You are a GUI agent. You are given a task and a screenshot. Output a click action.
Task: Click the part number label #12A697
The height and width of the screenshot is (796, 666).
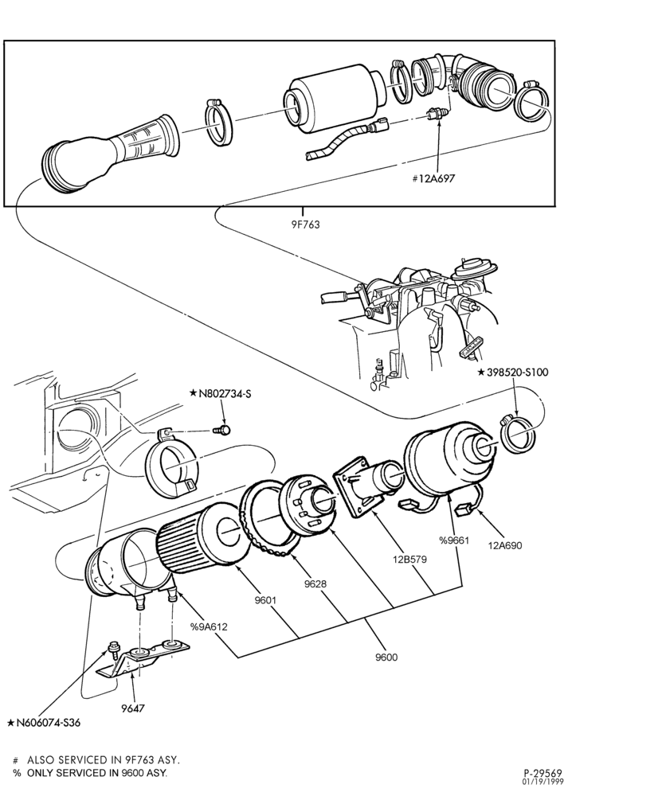pos(433,178)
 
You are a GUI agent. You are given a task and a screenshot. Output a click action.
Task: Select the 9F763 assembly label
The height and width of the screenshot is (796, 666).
pos(305,224)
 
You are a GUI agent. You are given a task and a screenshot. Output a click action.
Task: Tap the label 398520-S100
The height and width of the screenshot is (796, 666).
pos(513,372)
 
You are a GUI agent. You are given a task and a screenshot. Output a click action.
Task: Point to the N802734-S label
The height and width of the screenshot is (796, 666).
pos(220,393)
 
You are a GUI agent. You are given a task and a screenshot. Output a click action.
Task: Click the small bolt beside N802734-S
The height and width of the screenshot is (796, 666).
pos(222,430)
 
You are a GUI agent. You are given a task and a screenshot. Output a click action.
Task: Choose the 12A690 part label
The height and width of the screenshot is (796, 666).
pos(504,546)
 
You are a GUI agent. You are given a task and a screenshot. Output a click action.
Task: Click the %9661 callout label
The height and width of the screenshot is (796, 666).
pos(454,540)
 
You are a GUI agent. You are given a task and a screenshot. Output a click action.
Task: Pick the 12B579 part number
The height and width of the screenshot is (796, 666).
pos(409,560)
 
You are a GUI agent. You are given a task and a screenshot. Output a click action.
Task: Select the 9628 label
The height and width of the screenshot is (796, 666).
pos(315,583)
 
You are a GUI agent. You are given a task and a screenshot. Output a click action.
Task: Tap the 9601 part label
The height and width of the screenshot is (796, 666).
pos(265,600)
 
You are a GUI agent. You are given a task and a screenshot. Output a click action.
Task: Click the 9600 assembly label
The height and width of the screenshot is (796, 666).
pos(386,657)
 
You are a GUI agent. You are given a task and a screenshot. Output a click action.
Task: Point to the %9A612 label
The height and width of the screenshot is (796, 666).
pos(209,627)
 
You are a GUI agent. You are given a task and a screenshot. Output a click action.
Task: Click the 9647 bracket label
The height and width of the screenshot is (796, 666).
pos(133,708)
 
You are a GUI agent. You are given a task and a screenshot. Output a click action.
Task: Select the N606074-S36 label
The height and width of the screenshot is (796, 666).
pos(44,723)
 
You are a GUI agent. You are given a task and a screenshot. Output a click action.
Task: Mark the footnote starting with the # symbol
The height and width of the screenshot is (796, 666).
pos(96,760)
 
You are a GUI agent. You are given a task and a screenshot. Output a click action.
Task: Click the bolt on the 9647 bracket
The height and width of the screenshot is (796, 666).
pos(113,649)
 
